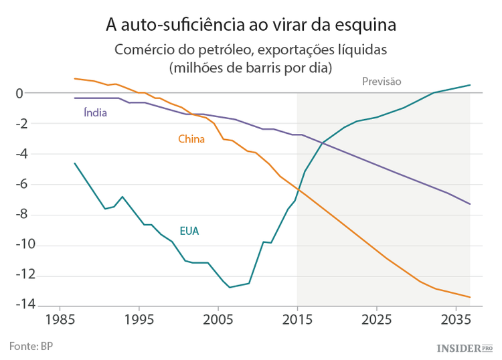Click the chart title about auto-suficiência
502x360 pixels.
click(251, 25)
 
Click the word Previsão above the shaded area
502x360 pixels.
click(381, 82)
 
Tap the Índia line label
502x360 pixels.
click(95, 112)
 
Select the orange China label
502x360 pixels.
click(191, 139)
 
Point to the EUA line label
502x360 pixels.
click(189, 231)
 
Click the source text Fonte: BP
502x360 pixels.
click(31, 345)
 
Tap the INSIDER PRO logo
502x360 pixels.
click(464, 347)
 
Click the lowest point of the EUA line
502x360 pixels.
click(230, 287)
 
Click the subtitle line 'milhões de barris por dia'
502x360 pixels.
click(251, 67)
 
